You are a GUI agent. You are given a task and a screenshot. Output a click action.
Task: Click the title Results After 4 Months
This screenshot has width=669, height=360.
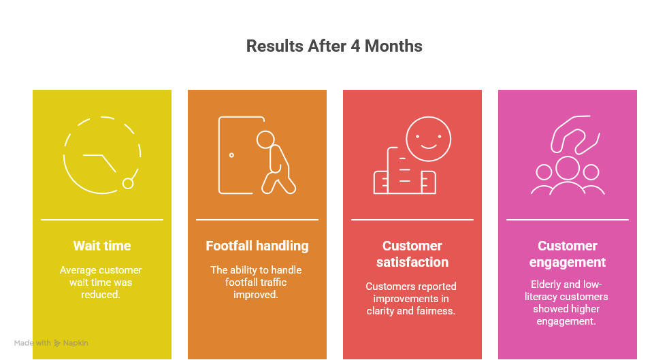pyautogui.click(x=334, y=46)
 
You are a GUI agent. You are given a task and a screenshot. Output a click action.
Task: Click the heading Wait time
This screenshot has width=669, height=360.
pyautogui.click(x=102, y=246)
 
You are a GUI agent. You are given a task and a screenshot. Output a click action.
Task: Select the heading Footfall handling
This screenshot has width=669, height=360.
pyautogui.click(x=257, y=246)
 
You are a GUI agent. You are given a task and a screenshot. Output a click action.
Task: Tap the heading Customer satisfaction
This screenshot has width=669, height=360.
pyautogui.click(x=412, y=254)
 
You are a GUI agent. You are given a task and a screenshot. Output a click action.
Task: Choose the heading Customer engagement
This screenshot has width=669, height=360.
pyautogui.click(x=568, y=254)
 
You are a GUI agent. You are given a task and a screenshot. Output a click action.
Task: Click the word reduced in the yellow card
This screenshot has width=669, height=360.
pyautogui.click(x=101, y=294)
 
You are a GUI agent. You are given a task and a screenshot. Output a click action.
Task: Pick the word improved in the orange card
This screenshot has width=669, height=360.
pyautogui.click(x=256, y=295)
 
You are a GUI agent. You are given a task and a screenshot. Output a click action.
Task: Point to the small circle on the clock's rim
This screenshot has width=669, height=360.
pyautogui.click(x=128, y=184)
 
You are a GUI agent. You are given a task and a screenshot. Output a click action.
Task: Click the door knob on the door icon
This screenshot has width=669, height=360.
pyautogui.click(x=231, y=155)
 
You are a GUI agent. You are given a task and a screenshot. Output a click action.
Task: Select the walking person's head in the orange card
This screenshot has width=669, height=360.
pyautogui.click(x=265, y=140)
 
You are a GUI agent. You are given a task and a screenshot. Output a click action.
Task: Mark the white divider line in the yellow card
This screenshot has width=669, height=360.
pyautogui.click(x=102, y=220)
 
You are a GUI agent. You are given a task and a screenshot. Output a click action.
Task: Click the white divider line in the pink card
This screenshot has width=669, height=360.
pyautogui.click(x=568, y=220)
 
